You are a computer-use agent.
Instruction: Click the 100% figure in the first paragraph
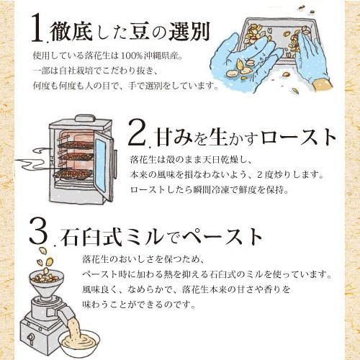pyautogui.click(x=133, y=55)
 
